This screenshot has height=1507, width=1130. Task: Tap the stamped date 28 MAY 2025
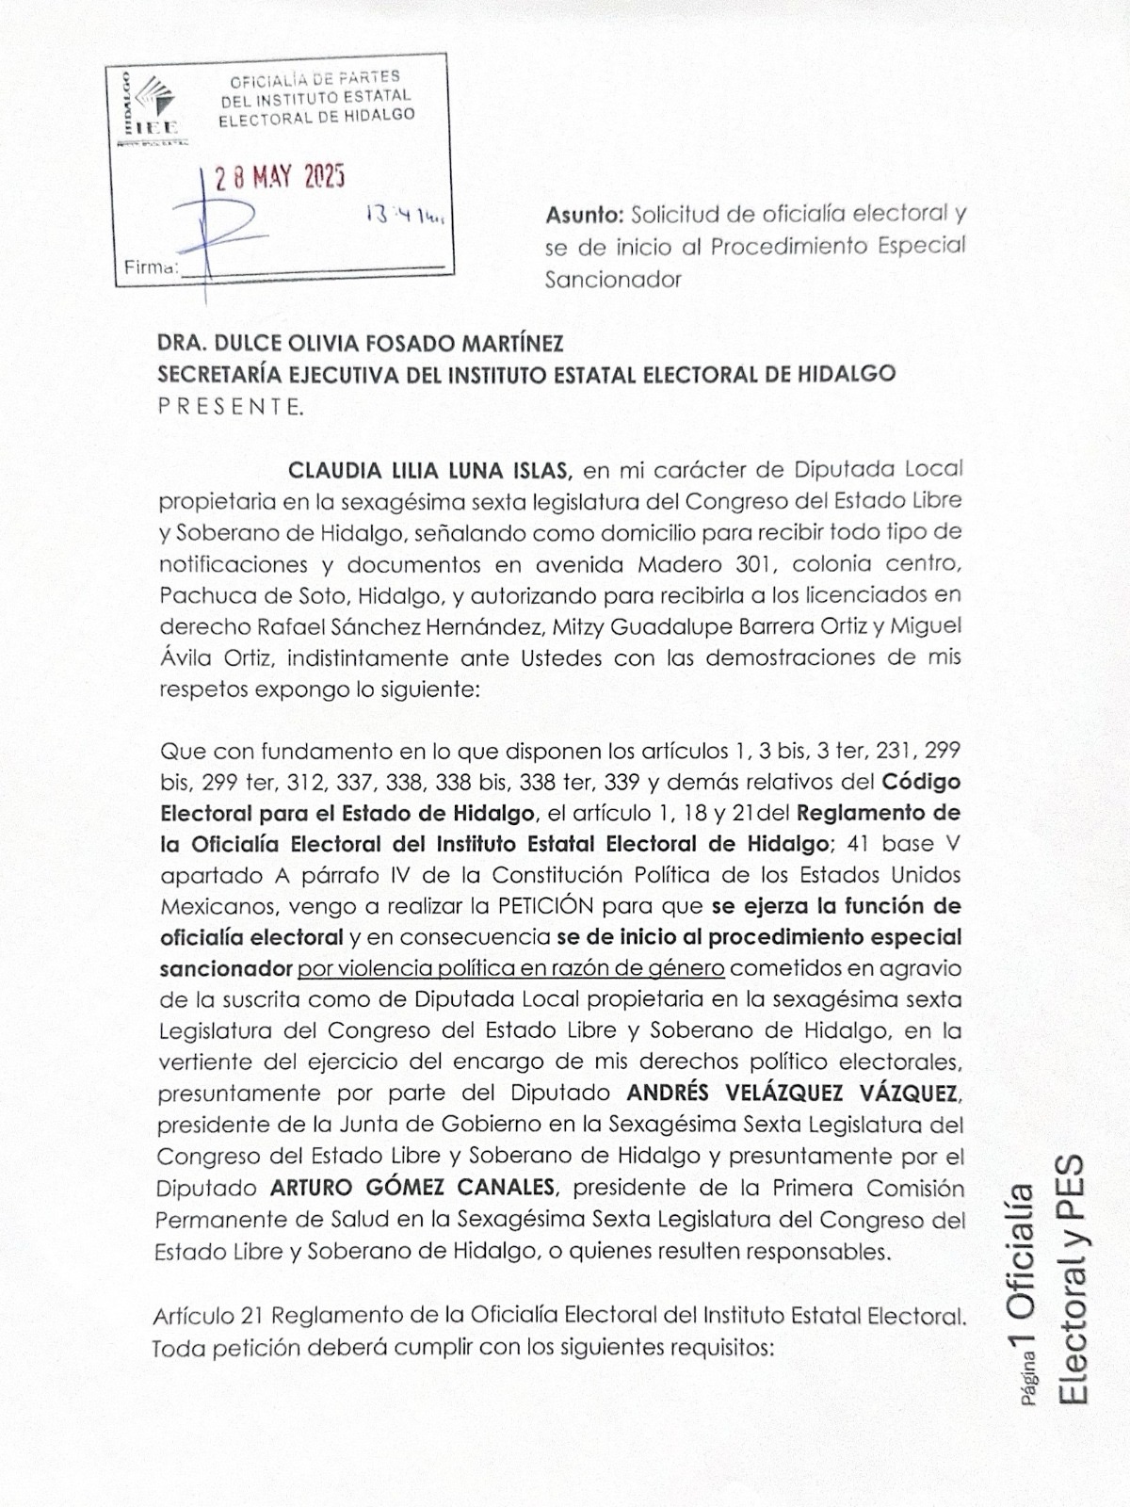[x=280, y=177]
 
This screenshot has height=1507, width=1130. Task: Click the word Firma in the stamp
[x=151, y=267]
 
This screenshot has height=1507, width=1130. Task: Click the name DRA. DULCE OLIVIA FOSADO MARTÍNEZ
[x=361, y=343]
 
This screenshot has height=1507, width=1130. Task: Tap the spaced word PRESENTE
[x=230, y=407]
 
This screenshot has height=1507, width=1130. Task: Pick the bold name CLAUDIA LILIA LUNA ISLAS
[x=430, y=469]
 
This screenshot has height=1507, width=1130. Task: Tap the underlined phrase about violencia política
[x=511, y=968]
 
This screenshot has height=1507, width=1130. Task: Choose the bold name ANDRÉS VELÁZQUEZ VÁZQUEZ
[x=793, y=1094]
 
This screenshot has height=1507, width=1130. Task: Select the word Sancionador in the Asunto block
[x=613, y=280]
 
